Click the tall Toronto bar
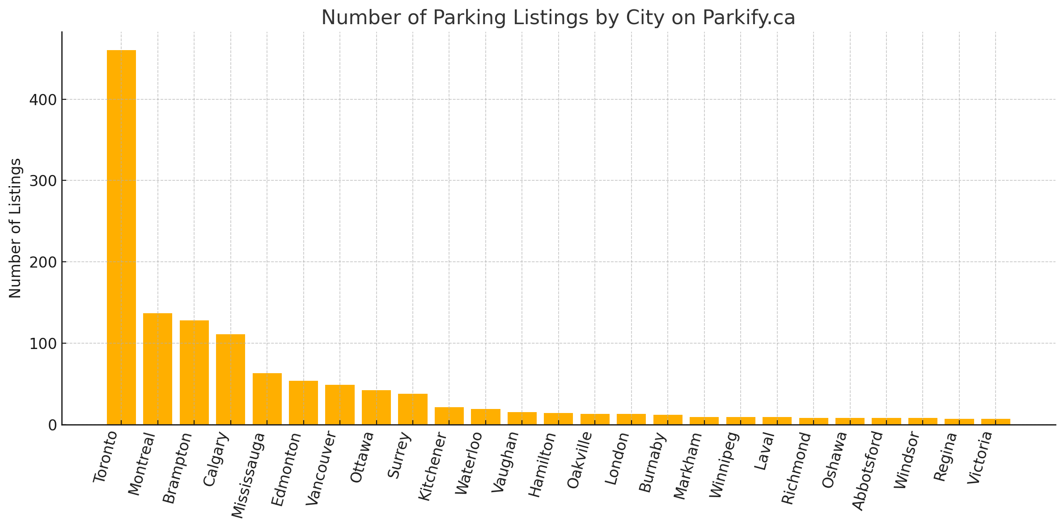[x=121, y=237]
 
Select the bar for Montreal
[x=157, y=369]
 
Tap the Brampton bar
[x=194, y=372]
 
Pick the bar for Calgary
[x=230, y=379]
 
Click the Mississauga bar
[x=267, y=399]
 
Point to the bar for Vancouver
[x=340, y=405]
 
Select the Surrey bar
[x=412, y=409]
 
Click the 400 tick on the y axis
[x=43, y=100]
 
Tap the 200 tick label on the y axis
[x=43, y=262]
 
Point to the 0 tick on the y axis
[x=52, y=425]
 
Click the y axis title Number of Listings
[x=15, y=228]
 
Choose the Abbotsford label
[x=868, y=471]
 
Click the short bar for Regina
[x=959, y=422]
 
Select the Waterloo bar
[x=485, y=417]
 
